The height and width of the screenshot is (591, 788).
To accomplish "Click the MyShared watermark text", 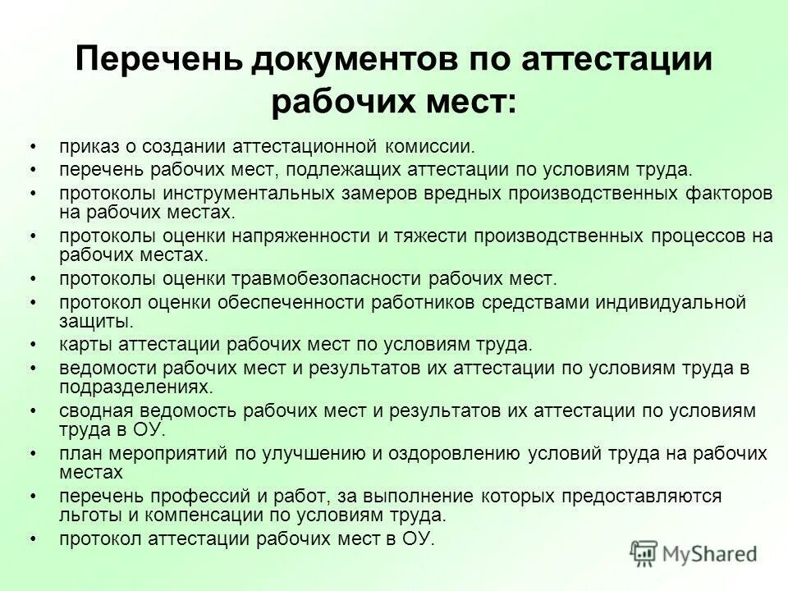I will [x=709, y=554].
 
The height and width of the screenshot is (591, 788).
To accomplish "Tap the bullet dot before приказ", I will [x=33, y=147].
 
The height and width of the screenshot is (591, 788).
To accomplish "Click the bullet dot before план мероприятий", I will [x=33, y=454].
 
